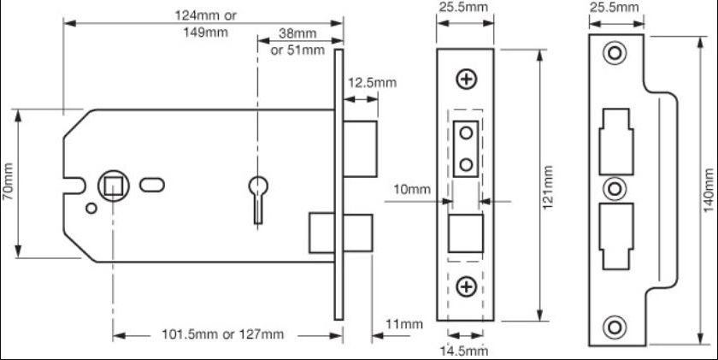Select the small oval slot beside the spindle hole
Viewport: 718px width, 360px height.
[155, 182]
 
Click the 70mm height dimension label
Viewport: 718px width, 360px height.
[9, 181]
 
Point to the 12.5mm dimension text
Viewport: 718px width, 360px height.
[372, 82]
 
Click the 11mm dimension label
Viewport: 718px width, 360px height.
[404, 323]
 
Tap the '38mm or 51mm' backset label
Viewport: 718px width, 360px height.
[297, 42]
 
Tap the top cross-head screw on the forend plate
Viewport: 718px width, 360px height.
[466, 80]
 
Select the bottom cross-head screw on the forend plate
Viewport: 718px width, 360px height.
[466, 286]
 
